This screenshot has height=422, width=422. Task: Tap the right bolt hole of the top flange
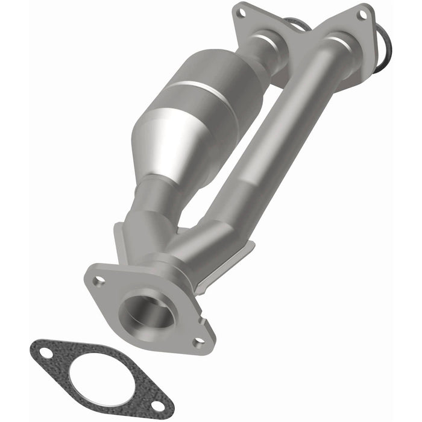coord(363,15)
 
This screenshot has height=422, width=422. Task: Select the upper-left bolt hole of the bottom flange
coord(100,280)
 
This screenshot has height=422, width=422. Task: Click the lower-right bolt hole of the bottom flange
coord(199,342)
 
